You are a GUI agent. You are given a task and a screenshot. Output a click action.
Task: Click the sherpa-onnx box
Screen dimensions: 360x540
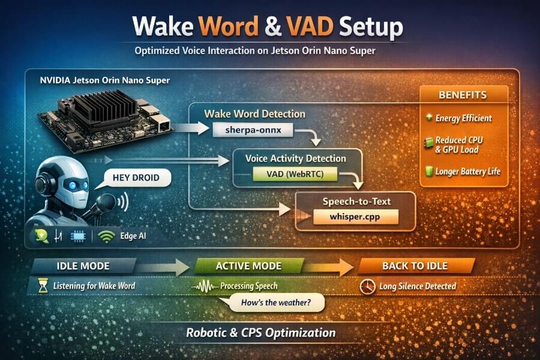coord(247,128)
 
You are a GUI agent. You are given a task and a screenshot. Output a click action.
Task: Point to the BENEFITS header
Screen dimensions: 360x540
coord(463,95)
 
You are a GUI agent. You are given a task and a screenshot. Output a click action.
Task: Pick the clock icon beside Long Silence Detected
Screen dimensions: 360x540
coord(367,286)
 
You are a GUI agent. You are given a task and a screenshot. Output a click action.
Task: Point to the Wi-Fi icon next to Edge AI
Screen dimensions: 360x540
coord(106,236)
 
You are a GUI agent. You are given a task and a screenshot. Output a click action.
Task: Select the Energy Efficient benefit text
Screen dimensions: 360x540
coord(467,118)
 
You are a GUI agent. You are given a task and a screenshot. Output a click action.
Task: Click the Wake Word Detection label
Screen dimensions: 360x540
coord(254,113)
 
